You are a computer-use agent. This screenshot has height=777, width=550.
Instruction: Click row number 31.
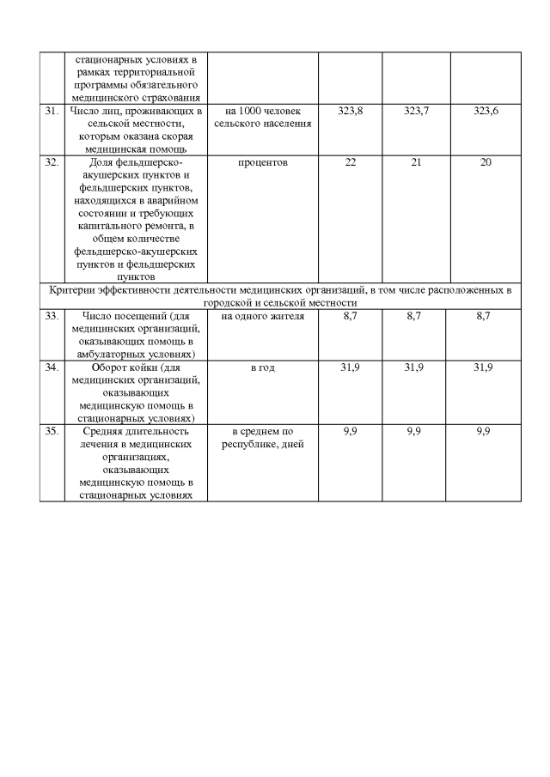coord(50,112)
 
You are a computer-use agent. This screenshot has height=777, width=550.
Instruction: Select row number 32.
coord(50,161)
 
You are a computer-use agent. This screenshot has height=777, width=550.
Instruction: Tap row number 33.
coord(50,317)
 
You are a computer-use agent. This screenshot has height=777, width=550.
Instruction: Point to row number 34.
coord(50,367)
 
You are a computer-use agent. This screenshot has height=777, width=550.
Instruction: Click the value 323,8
coord(351,112)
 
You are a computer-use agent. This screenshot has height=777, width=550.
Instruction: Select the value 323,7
coord(416,112)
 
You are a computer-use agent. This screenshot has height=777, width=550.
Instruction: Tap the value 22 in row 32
coord(351,161)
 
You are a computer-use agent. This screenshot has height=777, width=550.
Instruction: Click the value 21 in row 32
coord(416,161)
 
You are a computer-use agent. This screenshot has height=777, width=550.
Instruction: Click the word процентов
coord(263,161)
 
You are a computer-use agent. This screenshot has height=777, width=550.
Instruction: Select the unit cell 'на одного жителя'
coord(263,317)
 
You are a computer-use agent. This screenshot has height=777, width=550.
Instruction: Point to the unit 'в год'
coord(263,367)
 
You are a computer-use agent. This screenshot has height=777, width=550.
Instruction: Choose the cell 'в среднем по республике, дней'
coord(263,437)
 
